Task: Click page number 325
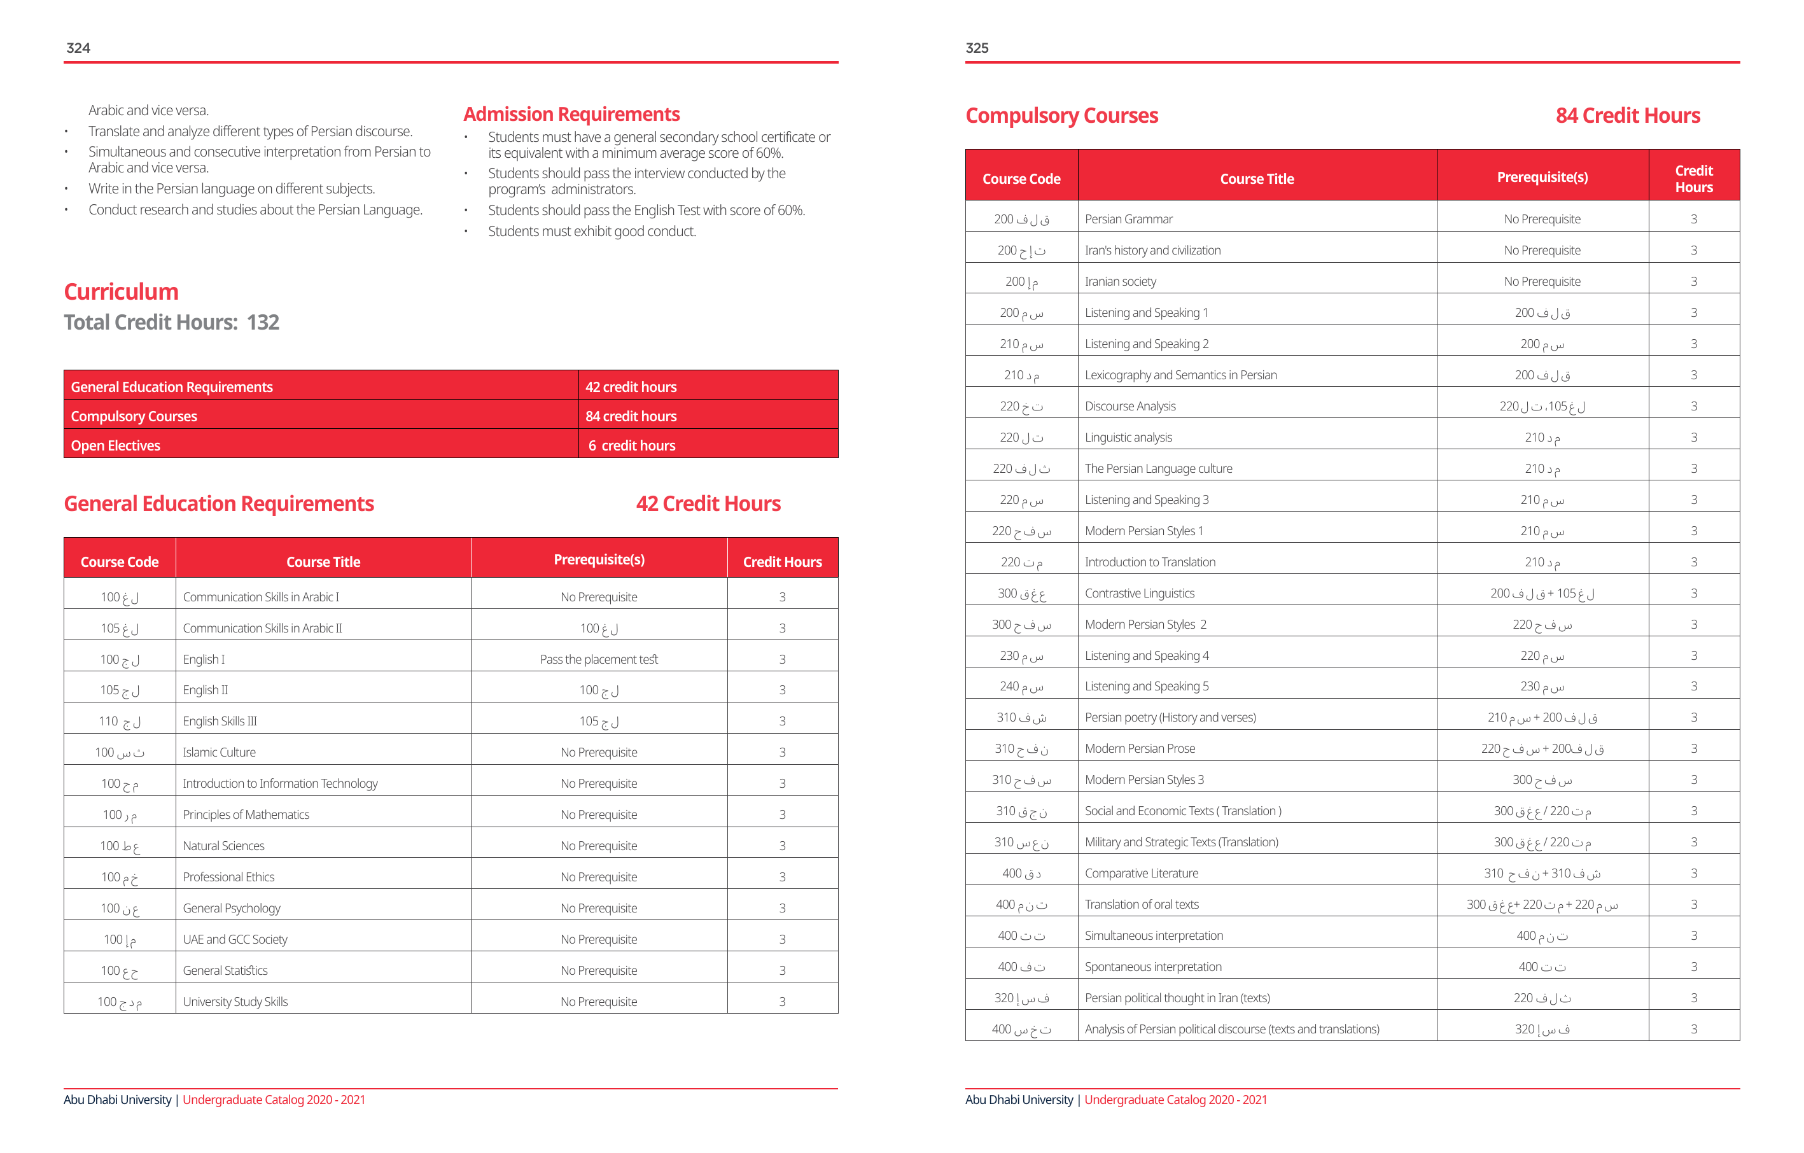coord(977,48)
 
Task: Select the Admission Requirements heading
coord(571,114)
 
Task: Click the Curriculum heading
coord(121,291)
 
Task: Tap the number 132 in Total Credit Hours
coord(263,322)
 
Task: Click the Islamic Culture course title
coord(219,752)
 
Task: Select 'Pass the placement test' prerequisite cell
coord(599,659)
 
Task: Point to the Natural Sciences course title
coord(223,846)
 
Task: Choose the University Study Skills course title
coord(235,1002)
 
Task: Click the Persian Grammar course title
coord(1128,219)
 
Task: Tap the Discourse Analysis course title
coord(1129,406)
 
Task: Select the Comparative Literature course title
coord(1141,873)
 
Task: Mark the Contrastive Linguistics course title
coord(1140,593)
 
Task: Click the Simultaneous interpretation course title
coord(1154,936)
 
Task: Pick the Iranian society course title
coord(1120,282)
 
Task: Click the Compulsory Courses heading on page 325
coord(1061,115)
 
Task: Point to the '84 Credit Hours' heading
coord(1627,115)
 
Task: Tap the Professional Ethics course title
coord(228,877)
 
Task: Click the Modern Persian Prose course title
coord(1140,748)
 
